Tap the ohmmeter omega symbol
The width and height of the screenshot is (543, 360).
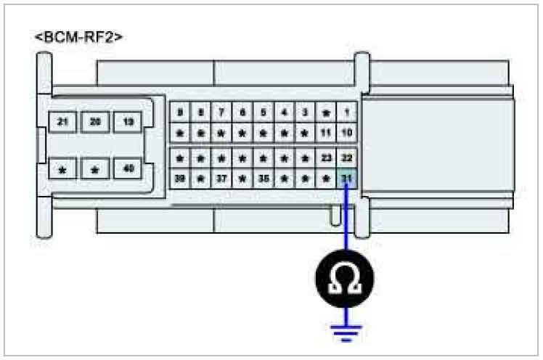click(347, 277)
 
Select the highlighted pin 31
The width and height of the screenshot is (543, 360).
click(347, 179)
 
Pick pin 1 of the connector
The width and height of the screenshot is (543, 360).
click(347, 112)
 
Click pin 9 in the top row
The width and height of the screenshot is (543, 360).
click(179, 112)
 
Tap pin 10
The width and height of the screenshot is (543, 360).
click(347, 133)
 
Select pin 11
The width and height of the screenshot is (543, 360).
click(326, 133)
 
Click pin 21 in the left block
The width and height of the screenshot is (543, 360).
click(62, 122)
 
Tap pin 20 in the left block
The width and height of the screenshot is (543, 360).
click(95, 122)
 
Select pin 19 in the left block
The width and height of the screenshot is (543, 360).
click(128, 122)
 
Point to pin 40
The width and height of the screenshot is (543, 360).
click(128, 169)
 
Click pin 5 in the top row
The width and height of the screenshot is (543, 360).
click(264, 112)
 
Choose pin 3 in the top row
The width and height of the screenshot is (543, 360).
click(306, 112)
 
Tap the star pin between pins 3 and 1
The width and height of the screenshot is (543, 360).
click(326, 112)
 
